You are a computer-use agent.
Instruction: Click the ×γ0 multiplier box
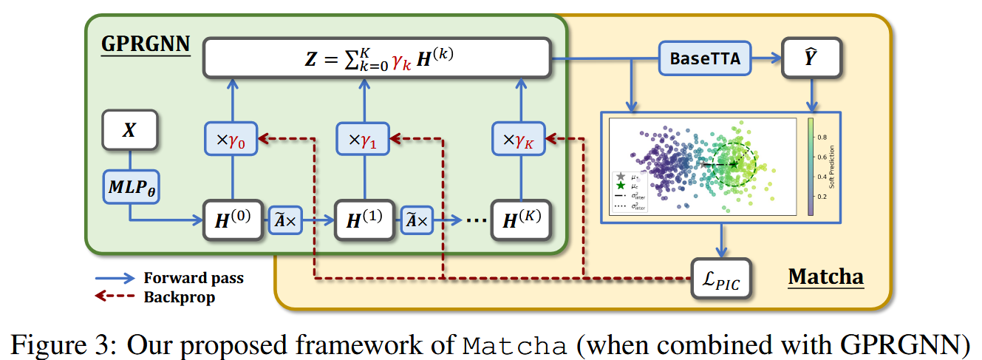tap(233, 138)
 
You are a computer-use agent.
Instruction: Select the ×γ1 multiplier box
tap(364, 138)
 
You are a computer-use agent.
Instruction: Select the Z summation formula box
tap(377, 58)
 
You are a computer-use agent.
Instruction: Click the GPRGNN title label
tap(145, 44)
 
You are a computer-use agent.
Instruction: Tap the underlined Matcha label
tap(825, 277)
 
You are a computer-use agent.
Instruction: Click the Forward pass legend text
tap(193, 278)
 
